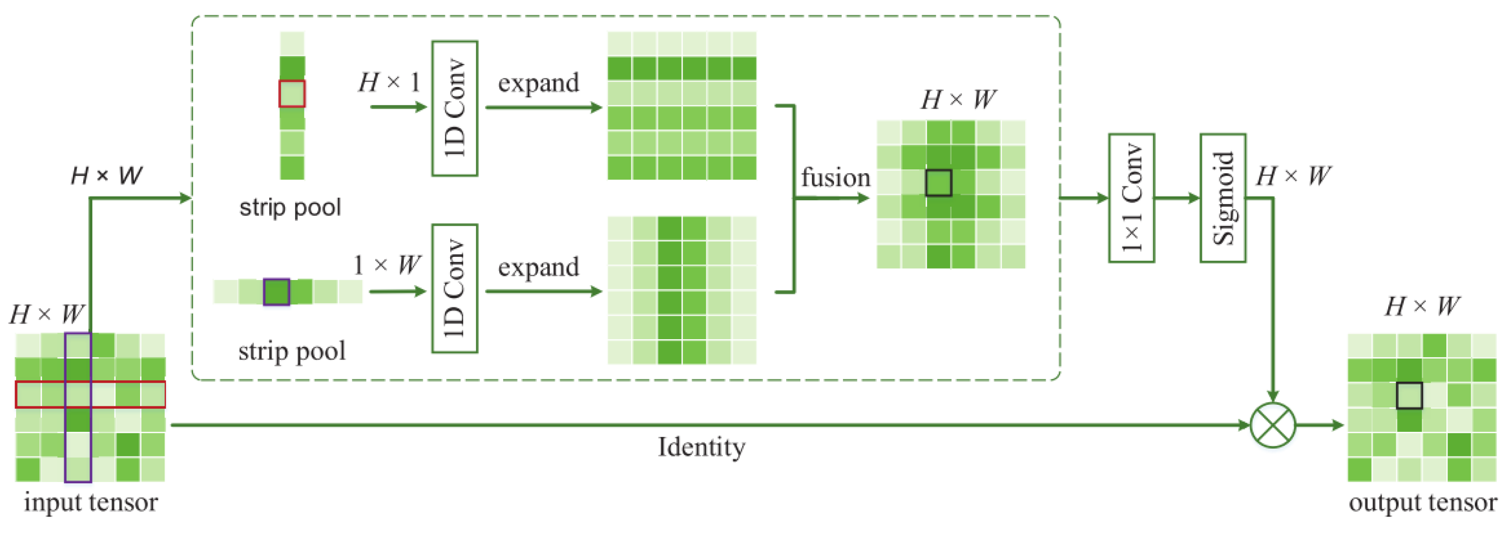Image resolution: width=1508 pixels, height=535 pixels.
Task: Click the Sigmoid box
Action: tap(1222, 198)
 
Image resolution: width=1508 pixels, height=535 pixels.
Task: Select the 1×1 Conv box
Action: tap(1131, 198)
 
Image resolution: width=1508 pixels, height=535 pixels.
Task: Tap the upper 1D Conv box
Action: tap(455, 108)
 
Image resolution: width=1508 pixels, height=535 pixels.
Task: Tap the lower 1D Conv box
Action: tap(455, 288)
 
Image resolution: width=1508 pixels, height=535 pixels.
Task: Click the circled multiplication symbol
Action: tap(1272, 425)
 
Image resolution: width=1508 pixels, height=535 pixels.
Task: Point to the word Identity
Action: tap(701, 447)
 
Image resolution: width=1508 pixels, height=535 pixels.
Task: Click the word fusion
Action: tap(835, 177)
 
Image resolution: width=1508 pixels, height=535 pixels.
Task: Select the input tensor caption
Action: tap(91, 502)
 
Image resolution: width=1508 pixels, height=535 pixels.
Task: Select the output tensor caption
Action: tap(1422, 502)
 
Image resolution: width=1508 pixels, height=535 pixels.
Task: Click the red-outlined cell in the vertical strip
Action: tap(292, 94)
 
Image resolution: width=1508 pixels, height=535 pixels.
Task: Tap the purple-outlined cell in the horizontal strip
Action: tap(276, 291)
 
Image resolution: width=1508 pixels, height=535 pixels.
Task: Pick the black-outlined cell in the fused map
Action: tap(939, 183)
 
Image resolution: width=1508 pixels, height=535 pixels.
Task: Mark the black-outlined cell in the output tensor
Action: tap(1409, 395)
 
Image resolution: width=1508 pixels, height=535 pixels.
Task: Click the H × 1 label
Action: tap(389, 82)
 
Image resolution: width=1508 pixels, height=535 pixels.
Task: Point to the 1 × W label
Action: tap(387, 265)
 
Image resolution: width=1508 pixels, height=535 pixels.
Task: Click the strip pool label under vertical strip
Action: tap(290, 207)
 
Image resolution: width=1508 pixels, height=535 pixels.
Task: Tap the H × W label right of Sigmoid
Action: tap(1293, 175)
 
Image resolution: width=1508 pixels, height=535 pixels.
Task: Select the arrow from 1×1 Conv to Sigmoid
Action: tap(1177, 198)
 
